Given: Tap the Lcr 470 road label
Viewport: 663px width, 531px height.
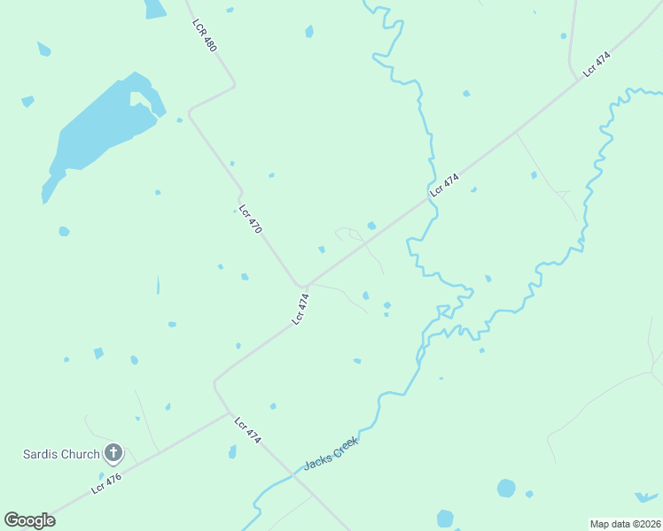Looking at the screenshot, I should click(x=251, y=216).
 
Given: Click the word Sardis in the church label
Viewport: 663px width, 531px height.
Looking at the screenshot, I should click(x=42, y=455).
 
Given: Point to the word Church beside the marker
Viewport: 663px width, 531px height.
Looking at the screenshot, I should click(x=80, y=455).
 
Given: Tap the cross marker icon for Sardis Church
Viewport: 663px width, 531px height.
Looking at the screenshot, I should click(x=113, y=454).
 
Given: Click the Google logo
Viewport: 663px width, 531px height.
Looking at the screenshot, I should click(x=29, y=520).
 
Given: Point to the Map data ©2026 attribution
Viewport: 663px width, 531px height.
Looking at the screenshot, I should click(x=625, y=523).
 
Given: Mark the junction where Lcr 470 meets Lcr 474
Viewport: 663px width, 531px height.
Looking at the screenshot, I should click(x=302, y=287).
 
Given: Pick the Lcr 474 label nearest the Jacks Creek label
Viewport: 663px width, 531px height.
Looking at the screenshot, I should click(x=247, y=430).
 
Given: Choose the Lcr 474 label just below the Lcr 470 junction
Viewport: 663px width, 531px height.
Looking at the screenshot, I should click(x=302, y=309).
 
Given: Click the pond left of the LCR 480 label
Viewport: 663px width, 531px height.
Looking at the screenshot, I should click(x=154, y=8).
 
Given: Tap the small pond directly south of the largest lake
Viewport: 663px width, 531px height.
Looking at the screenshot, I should click(x=64, y=232).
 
